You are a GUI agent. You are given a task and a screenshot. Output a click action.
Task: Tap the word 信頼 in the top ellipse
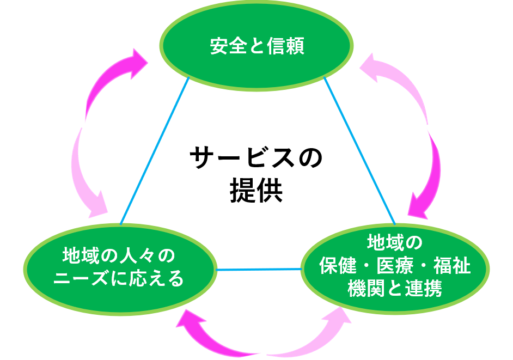tap(285, 47)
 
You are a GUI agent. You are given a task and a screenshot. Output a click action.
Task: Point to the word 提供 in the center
tap(256, 191)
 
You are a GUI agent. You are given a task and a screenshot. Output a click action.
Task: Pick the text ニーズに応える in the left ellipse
tap(119, 278)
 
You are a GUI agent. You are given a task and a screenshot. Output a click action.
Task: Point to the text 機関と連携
tap(394, 289)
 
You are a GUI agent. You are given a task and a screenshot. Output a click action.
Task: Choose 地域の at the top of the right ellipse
tap(394, 241)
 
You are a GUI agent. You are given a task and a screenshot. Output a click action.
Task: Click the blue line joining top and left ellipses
tap(154, 151)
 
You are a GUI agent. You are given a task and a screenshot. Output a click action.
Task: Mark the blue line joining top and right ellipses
tap(359, 150)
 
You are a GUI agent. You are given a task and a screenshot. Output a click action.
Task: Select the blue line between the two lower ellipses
tap(259, 269)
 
